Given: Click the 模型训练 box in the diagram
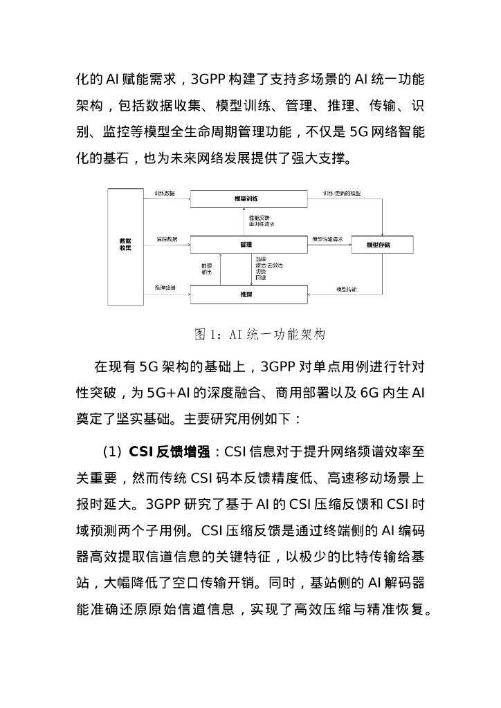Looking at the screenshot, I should point(248,199).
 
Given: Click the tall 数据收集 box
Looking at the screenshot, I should point(125,245).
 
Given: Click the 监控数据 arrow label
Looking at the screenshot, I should point(167,239).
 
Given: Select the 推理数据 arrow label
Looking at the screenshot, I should point(165,287).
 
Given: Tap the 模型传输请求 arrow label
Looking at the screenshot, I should point(327,239).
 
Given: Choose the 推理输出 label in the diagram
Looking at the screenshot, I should point(206,269).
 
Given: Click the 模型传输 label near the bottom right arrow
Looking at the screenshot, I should point(346,287).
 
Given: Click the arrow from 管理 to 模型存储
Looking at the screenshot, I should point(329,245).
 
